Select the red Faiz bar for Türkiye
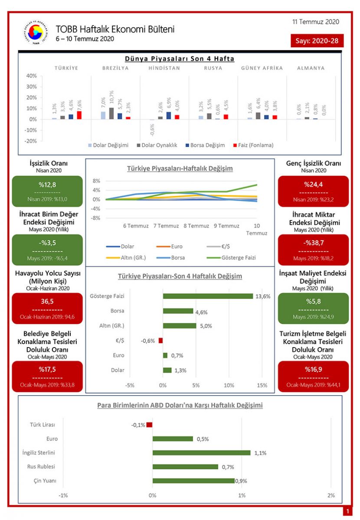79,115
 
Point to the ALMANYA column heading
311,68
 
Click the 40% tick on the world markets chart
31,76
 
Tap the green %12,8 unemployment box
47,191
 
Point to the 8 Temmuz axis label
196,226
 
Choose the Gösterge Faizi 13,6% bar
208,296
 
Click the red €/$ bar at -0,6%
160,341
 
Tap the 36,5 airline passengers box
47,308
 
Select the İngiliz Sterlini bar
201,453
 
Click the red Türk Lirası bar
149,425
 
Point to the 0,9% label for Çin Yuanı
241,481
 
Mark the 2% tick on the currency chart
331,495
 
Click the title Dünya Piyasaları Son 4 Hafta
180,59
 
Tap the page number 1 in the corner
347,512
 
